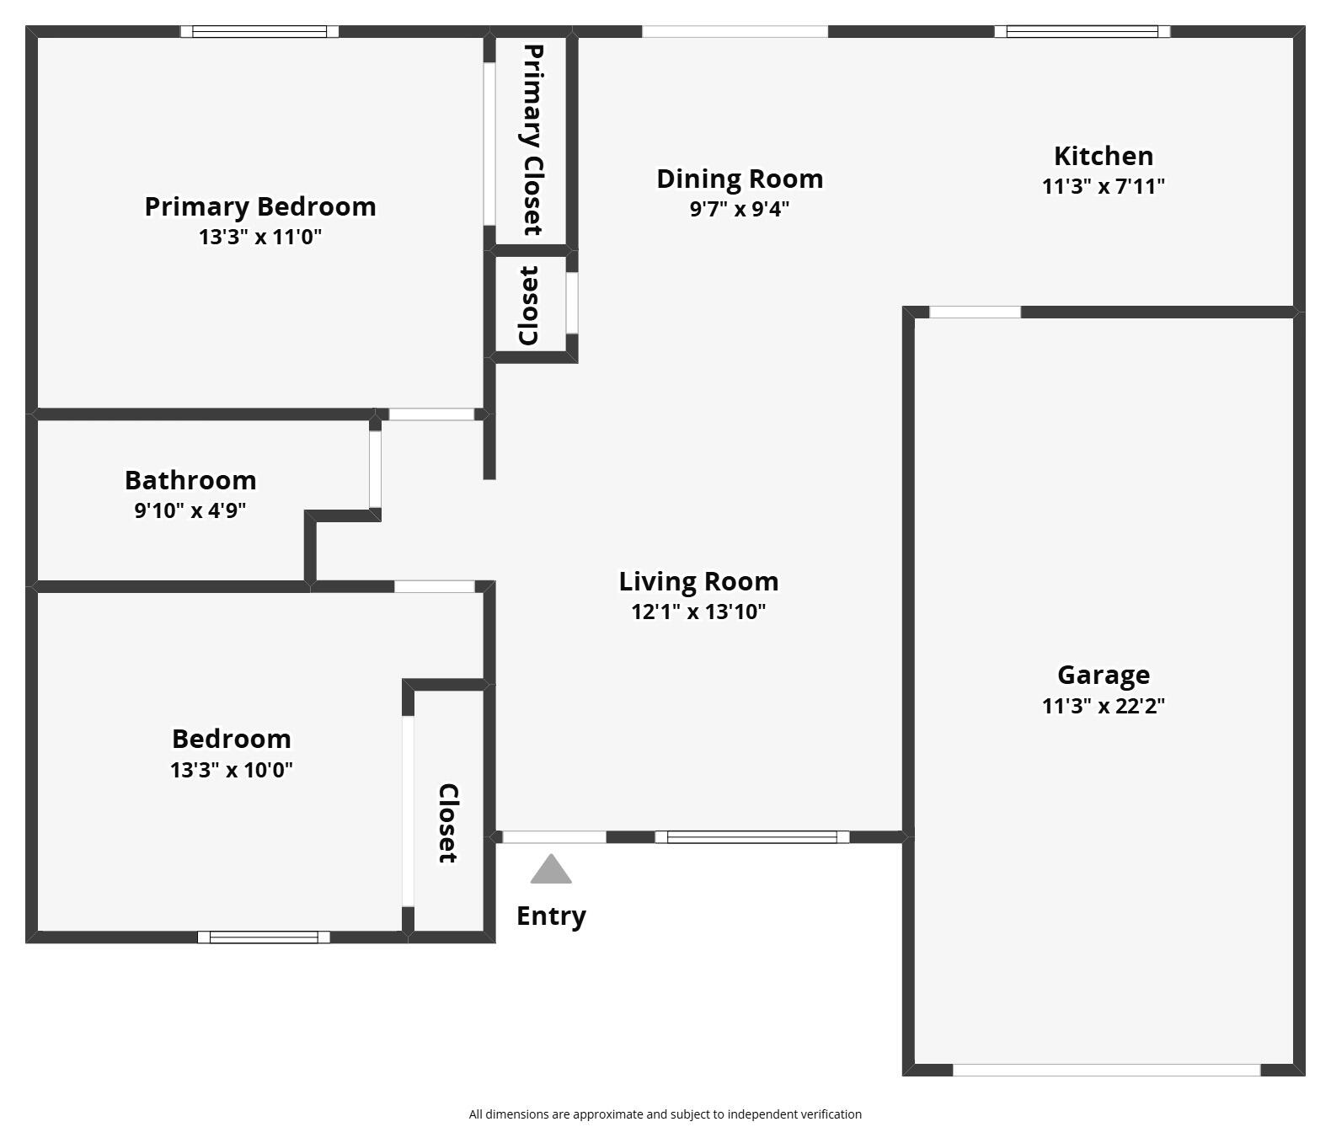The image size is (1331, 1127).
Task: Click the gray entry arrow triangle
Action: click(x=551, y=871)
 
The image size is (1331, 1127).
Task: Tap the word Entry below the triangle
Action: click(x=551, y=916)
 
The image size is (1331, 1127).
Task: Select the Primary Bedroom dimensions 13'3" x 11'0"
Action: click(x=260, y=237)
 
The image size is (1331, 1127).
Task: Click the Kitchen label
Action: click(x=1103, y=156)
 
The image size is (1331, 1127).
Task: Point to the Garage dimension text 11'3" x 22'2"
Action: click(x=1103, y=706)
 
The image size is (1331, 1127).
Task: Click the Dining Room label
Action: click(x=740, y=179)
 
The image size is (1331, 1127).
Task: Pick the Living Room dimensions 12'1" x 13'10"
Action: click(x=698, y=612)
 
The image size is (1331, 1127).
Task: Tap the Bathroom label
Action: click(x=190, y=480)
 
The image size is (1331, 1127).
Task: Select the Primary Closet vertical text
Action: click(x=532, y=140)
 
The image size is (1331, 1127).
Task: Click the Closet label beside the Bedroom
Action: click(x=448, y=823)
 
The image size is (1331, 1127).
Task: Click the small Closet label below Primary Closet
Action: click(x=529, y=306)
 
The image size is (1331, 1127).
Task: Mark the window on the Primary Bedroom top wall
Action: click(x=259, y=32)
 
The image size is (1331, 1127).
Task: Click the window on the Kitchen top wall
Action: click(x=1082, y=32)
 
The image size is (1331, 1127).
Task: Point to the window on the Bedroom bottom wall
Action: click(x=264, y=937)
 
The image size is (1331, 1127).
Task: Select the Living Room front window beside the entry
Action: click(x=752, y=836)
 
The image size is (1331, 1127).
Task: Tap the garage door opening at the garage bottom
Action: click(x=1106, y=1070)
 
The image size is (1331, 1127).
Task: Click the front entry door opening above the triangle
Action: click(x=553, y=836)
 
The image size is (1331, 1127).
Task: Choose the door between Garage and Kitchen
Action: click(x=975, y=312)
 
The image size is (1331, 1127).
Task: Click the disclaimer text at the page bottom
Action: click(x=665, y=1114)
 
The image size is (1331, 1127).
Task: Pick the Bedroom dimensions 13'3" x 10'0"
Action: click(x=232, y=770)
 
